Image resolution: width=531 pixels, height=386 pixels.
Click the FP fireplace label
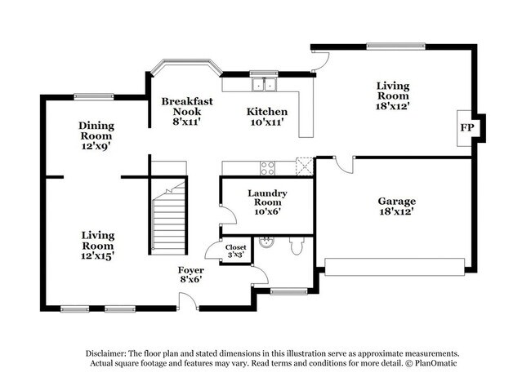[x=466, y=128]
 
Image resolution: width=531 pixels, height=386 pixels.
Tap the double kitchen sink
[x=264, y=83]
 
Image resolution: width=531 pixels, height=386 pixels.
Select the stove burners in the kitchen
[x=267, y=167]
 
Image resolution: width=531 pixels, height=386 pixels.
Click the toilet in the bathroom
[x=297, y=244]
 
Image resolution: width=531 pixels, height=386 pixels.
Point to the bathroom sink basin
[x=265, y=242]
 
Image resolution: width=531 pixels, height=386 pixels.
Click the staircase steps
[x=170, y=218]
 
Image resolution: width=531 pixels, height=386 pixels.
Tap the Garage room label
[x=396, y=201]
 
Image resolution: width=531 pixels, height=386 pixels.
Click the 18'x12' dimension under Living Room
[x=392, y=105]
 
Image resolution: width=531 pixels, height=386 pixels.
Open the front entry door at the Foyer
[x=188, y=302]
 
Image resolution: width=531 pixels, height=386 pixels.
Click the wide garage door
[x=396, y=264]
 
